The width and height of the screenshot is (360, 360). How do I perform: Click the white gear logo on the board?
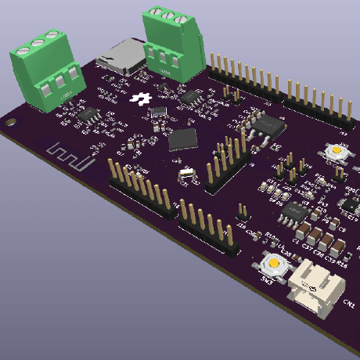coord(141,99)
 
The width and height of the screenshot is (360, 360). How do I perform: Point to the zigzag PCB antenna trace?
coord(70,156)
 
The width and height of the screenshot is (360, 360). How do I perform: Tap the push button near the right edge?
coord(335,150)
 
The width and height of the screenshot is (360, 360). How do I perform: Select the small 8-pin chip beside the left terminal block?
coord(86,114)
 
